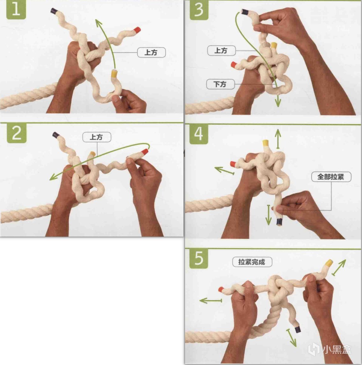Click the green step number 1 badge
click(16, 10)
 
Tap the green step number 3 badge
click(199, 10)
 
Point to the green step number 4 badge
click(199, 134)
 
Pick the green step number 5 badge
click(199, 259)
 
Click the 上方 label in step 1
click(151, 52)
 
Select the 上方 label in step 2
click(97, 137)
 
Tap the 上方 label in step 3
click(221, 50)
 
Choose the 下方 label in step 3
click(220, 84)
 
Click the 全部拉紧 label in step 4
click(331, 177)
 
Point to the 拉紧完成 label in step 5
click(252, 262)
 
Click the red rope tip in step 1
click(137, 30)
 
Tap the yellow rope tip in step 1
click(114, 73)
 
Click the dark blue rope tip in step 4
click(279, 222)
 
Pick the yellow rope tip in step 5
click(329, 263)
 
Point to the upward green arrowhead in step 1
click(99, 23)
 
